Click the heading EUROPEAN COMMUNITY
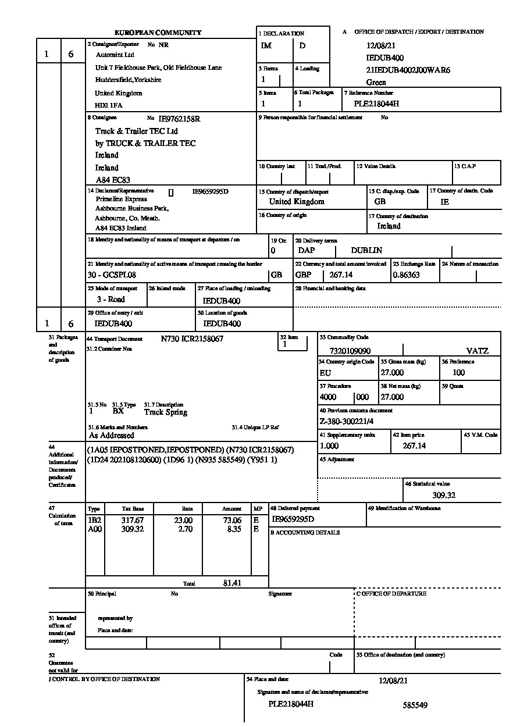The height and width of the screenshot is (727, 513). tap(158, 33)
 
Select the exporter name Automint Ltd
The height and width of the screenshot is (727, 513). tap(115, 55)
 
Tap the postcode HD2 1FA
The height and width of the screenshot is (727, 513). tap(109, 105)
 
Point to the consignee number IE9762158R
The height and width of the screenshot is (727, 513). tap(179, 119)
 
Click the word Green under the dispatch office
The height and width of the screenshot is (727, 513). tap(376, 83)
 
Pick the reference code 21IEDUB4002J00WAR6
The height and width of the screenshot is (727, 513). tap(408, 70)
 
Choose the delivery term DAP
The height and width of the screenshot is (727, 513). tap(306, 251)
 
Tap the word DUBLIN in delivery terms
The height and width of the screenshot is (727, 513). tap(366, 251)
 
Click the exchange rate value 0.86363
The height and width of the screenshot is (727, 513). tap(407, 275)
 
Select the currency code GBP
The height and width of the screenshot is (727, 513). tap(304, 275)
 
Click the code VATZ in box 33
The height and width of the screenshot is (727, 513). tap(477, 351)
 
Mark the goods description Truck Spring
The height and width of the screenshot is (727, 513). tap(166, 412)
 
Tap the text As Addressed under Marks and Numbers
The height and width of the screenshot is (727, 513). tap(111, 435)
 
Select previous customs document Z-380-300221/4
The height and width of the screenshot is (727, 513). tap(347, 422)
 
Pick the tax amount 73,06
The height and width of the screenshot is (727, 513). tap(232, 521)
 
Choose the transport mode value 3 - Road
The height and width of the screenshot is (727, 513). tap(111, 300)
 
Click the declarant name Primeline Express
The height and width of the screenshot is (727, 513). tap(122, 199)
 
